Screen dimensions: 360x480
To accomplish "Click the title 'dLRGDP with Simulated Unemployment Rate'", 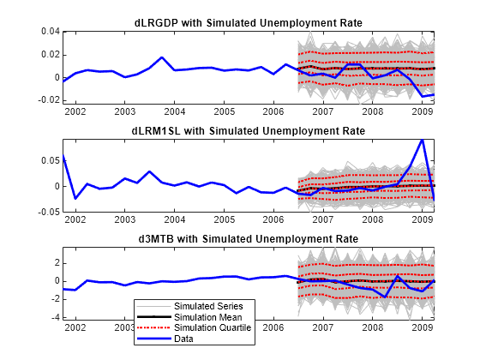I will click(x=248, y=21).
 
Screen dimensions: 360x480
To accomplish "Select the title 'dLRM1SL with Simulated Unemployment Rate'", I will click(x=248, y=130).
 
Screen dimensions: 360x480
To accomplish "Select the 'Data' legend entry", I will click(x=183, y=338).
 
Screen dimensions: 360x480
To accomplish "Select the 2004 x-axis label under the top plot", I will click(x=174, y=111).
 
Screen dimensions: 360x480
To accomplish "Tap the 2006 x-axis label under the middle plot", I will click(x=273, y=220).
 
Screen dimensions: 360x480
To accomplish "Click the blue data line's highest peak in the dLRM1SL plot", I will click(x=422, y=139).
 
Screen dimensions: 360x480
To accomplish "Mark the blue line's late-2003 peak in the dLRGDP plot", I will click(x=162, y=57).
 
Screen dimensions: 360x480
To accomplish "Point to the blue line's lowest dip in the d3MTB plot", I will click(x=387, y=297).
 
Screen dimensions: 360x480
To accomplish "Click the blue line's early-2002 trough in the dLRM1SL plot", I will click(x=75, y=198).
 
